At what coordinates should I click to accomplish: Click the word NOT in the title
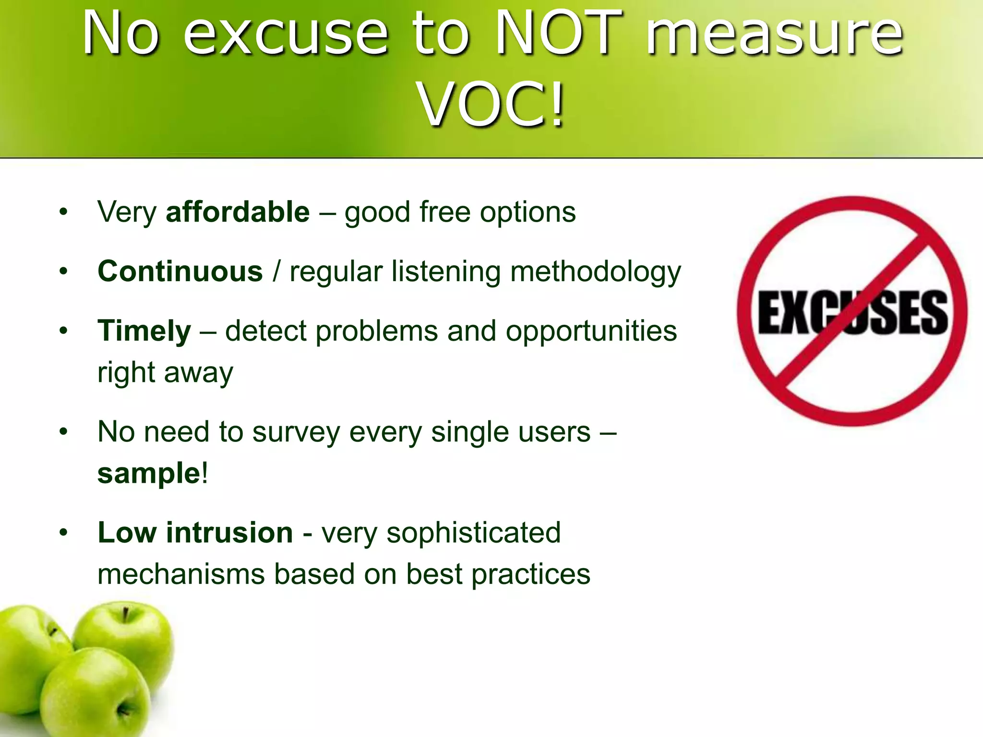click(x=559, y=34)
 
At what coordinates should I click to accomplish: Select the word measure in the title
click(x=774, y=34)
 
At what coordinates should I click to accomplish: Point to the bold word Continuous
click(x=180, y=271)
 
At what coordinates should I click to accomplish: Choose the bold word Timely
click(x=144, y=331)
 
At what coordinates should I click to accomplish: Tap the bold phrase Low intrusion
click(x=195, y=532)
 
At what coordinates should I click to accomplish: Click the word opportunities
click(x=591, y=331)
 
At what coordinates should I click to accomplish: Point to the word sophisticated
click(x=473, y=533)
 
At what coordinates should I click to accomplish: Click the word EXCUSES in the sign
click(x=852, y=312)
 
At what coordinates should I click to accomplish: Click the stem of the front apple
click(x=121, y=709)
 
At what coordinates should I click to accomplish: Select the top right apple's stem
click(x=125, y=614)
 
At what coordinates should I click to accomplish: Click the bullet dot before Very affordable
click(x=63, y=212)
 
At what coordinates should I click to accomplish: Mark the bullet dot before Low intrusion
click(x=63, y=533)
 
